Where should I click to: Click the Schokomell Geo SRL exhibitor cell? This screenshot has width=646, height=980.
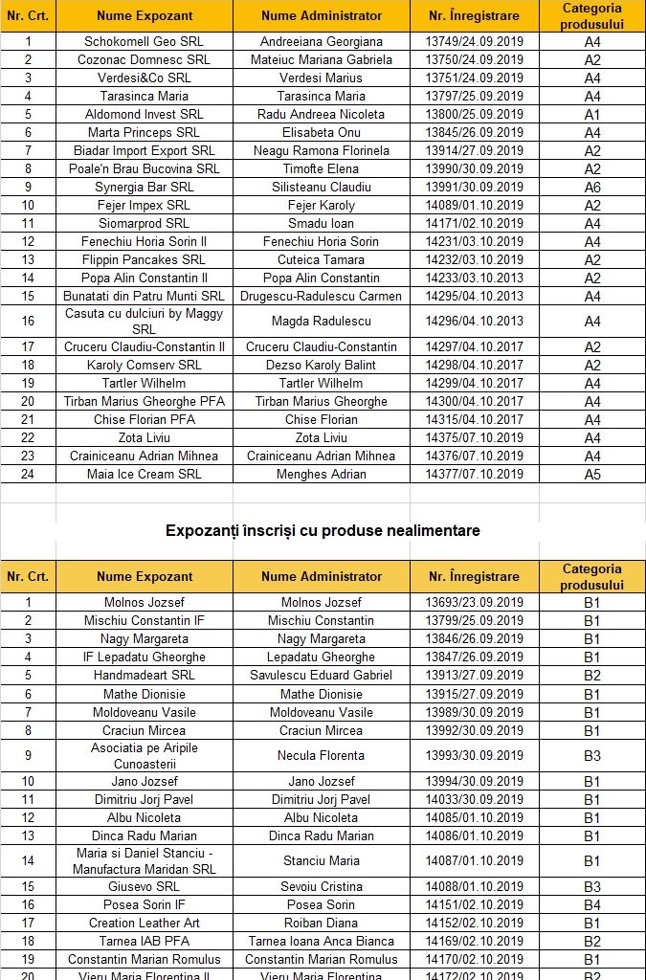[145, 41]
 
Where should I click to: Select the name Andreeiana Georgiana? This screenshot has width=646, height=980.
[322, 41]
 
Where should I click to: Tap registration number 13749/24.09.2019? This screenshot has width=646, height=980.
[474, 41]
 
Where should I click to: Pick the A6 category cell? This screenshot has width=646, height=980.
[592, 188]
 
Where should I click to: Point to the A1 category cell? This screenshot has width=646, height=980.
[592, 115]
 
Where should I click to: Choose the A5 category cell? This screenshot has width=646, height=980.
[592, 475]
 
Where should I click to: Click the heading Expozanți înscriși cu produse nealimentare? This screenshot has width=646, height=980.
[323, 530]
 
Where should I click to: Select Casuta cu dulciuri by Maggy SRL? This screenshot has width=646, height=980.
[145, 321]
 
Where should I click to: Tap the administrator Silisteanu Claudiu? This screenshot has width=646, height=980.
[322, 187]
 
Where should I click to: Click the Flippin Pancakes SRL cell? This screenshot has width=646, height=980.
[145, 259]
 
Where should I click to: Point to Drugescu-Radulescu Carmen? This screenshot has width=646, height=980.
[322, 296]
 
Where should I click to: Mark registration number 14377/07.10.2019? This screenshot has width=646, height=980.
[474, 474]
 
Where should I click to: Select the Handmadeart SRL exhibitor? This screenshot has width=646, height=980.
[145, 675]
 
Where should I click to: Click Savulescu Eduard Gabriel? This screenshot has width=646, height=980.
[322, 675]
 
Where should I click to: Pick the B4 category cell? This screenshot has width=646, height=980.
[592, 905]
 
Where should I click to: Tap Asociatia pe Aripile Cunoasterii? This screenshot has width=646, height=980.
[145, 755]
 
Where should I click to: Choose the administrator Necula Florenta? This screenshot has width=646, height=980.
[322, 755]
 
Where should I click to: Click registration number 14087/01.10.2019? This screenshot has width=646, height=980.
[474, 860]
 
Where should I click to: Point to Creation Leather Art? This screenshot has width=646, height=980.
[145, 923]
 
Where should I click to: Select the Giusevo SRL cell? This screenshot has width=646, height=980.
[145, 886]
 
